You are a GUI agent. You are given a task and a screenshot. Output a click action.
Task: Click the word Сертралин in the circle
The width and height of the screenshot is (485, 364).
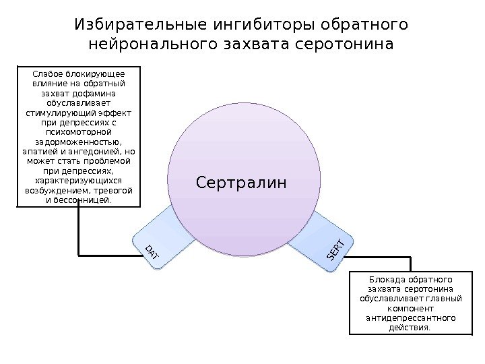coord(241,182)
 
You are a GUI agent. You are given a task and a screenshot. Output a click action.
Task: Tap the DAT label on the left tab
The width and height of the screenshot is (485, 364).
coord(152,253)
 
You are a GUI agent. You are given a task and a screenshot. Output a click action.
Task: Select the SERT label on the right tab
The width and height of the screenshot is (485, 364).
coord(336,250)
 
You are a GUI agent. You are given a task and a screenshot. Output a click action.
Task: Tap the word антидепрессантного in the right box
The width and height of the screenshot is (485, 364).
coord(409,317)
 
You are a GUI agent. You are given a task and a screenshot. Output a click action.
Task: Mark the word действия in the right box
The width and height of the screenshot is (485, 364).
coord(407,328)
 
